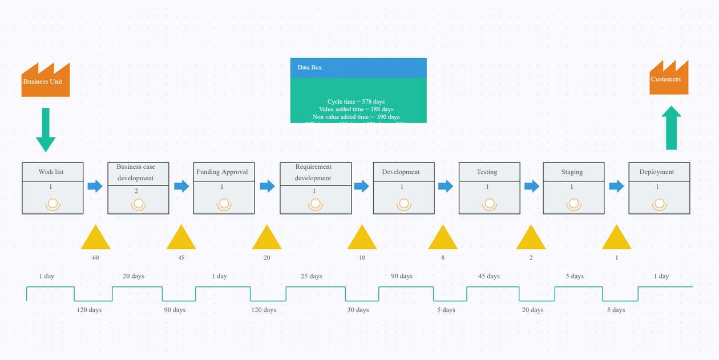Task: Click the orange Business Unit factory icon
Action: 45,81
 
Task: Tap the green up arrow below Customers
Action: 672,128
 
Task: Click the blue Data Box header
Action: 358,67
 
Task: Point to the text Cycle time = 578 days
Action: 356,102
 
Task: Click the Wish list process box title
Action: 51,172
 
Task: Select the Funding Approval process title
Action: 222,172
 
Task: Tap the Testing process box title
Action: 487,172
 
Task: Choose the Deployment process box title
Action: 656,172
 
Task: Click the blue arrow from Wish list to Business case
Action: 95,186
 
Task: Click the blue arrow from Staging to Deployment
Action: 616,186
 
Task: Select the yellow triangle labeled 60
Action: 95,238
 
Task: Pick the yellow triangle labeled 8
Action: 443,238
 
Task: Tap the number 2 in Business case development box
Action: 136,191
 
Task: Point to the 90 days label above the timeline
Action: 402,276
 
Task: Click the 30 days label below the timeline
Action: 358,310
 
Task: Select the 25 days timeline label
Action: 312,276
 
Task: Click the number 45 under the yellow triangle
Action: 181,258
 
